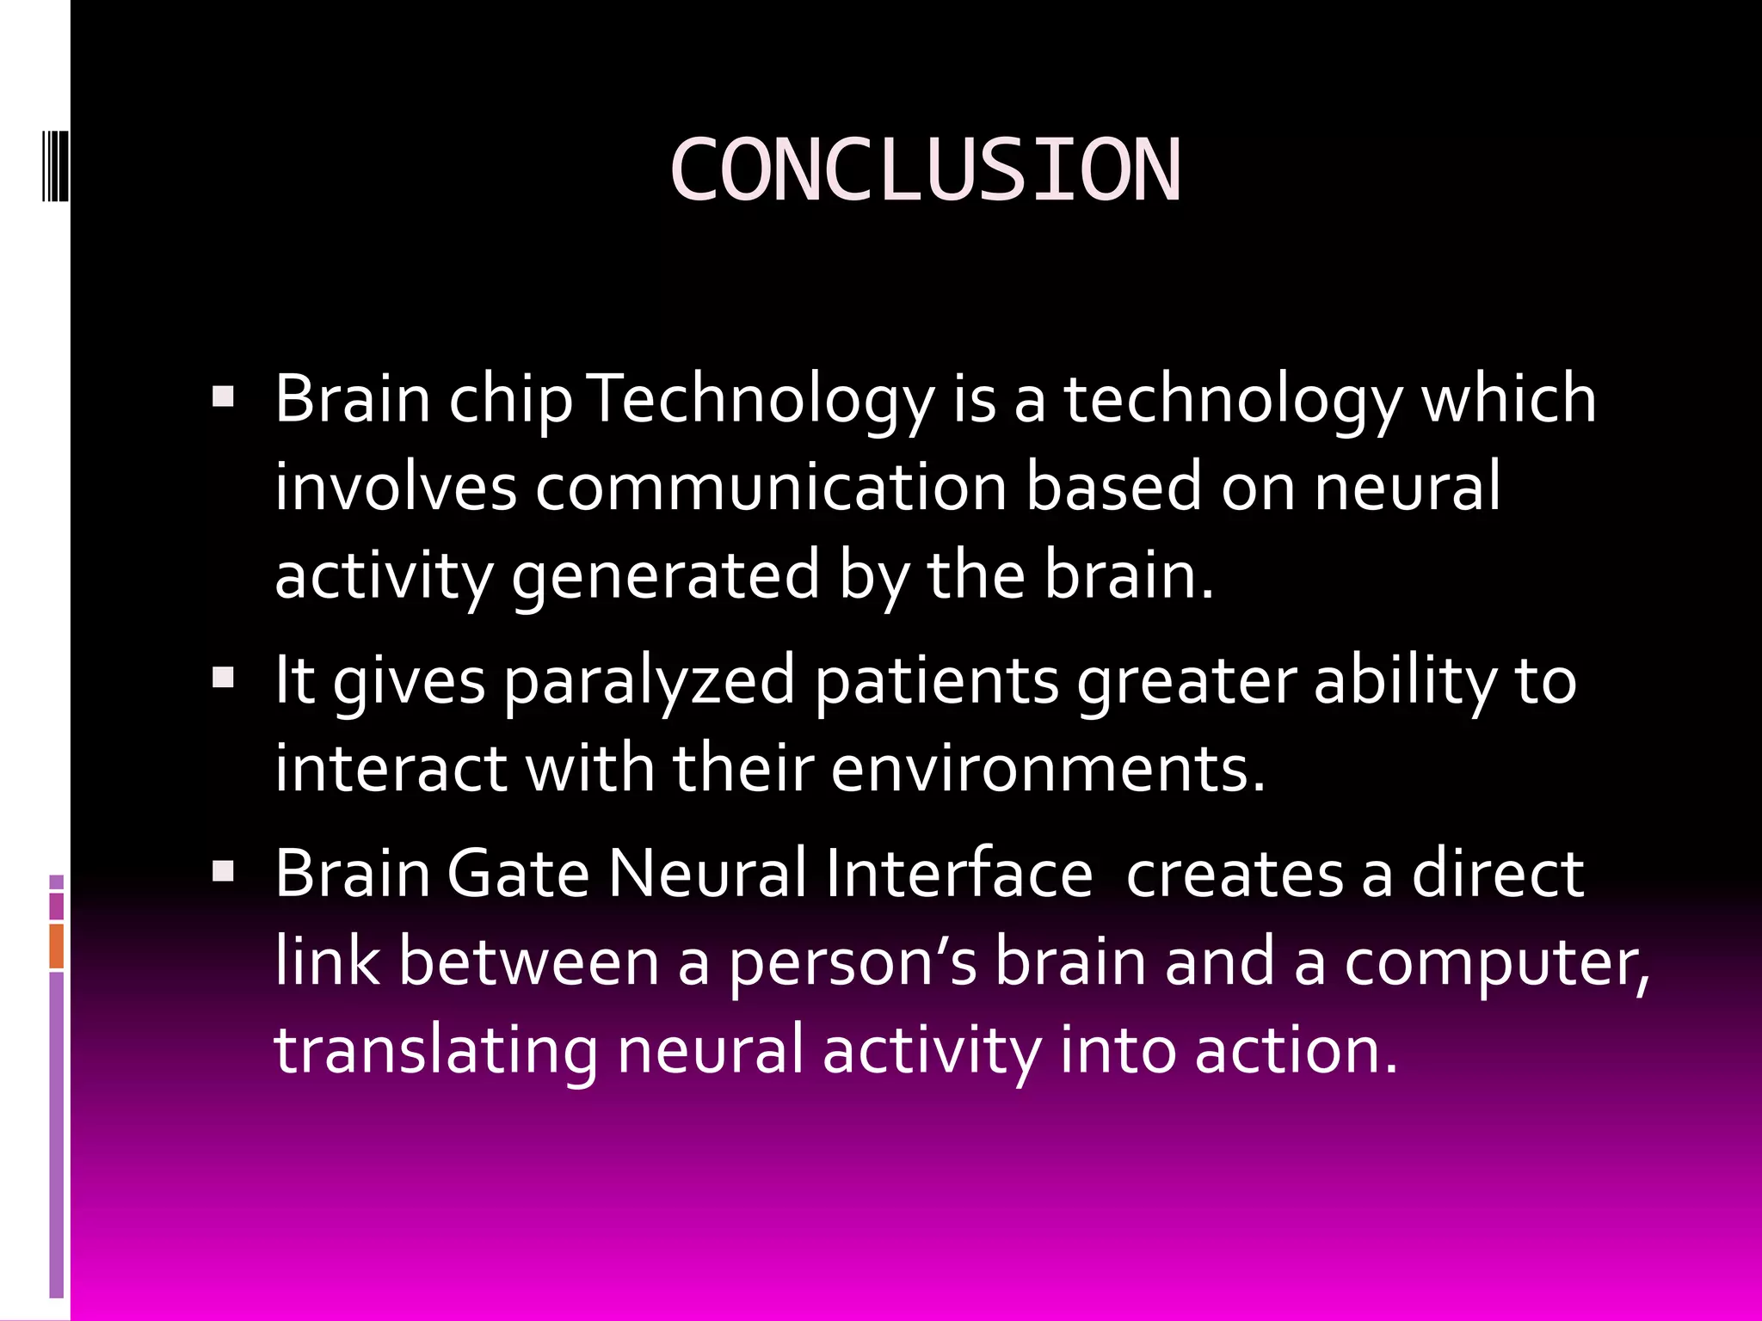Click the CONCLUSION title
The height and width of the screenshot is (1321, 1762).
tap(925, 171)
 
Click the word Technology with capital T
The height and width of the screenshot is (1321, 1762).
tap(762, 399)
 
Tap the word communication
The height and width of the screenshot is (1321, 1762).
tap(771, 487)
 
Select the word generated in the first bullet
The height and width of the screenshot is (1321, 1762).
tap(665, 575)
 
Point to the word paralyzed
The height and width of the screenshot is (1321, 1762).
tap(650, 680)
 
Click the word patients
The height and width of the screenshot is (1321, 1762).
tap(936, 680)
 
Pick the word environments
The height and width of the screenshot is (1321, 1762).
tap(1047, 768)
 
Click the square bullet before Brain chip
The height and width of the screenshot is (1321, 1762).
tap(223, 398)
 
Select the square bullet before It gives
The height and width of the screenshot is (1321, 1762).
tap(223, 679)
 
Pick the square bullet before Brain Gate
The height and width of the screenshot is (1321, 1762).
tap(223, 873)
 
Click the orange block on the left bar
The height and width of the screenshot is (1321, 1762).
tap(56, 946)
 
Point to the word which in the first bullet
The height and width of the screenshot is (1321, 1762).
tap(1508, 399)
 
